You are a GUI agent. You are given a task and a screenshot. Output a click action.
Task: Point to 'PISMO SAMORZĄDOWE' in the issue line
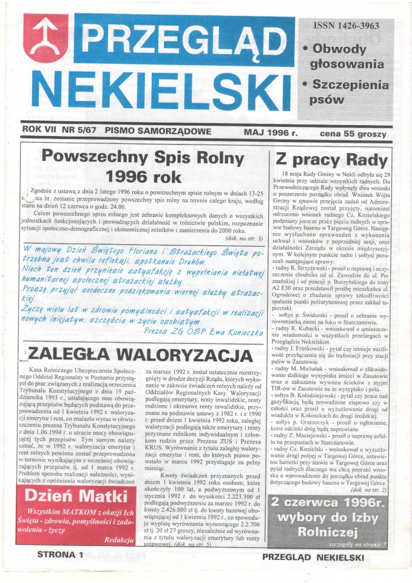pos(157,131)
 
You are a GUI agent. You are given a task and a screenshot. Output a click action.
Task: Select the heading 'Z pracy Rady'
pos(331,160)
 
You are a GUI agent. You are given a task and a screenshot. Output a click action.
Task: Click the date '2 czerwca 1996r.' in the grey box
pos(329,503)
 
